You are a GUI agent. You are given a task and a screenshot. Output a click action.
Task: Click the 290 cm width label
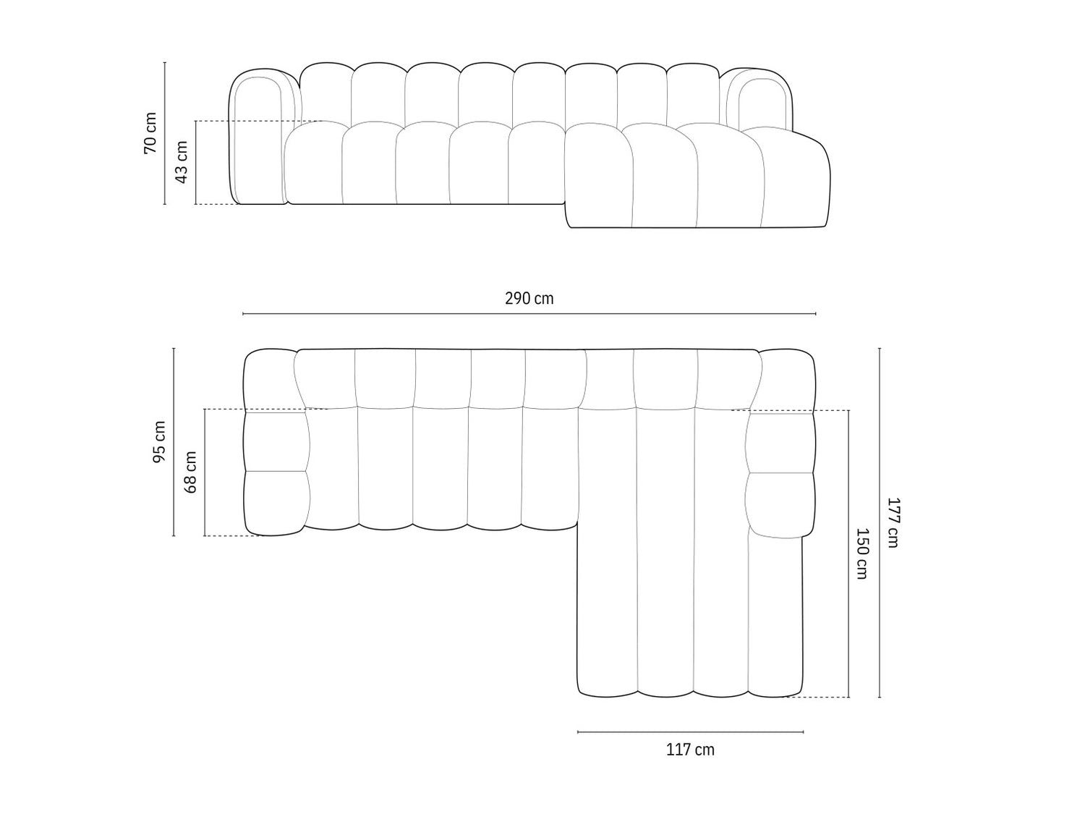(x=529, y=299)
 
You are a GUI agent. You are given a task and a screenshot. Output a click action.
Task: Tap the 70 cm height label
(x=150, y=132)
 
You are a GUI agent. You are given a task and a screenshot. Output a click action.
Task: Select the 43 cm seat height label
(x=182, y=162)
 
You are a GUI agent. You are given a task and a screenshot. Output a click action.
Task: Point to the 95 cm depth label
(x=159, y=442)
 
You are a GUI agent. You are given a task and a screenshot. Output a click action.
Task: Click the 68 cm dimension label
(x=191, y=472)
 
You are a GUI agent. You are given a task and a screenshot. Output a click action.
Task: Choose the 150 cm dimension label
(x=861, y=554)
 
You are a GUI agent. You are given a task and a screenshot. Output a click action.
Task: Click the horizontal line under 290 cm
(x=529, y=313)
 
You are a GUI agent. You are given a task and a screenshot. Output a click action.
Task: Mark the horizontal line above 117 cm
(x=690, y=732)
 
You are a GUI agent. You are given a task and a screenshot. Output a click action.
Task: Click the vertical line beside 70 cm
(x=165, y=133)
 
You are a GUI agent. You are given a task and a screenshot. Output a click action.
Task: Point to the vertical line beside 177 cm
(x=880, y=522)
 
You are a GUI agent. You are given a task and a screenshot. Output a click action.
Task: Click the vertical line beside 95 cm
(x=174, y=442)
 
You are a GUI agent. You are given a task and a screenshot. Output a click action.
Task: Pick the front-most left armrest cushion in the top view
(x=277, y=503)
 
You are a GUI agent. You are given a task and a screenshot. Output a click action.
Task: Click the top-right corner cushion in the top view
(x=787, y=381)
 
